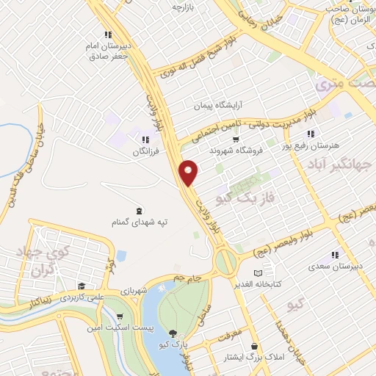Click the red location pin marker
[189, 172]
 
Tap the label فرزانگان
[145, 152]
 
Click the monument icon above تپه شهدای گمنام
[140, 209]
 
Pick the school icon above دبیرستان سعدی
[335, 256]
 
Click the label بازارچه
[187, 7]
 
